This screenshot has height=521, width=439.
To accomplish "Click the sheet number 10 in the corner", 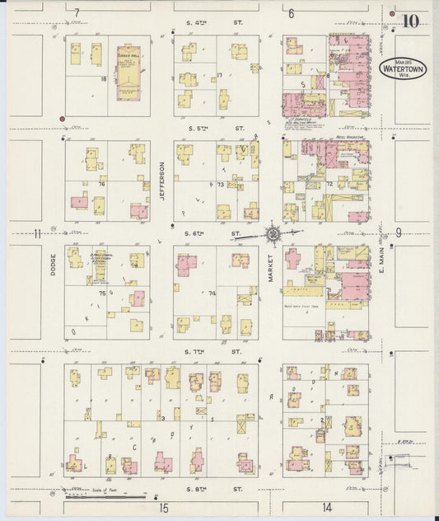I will pyautogui.click(x=409, y=21).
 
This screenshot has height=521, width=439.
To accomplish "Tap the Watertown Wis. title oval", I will pyautogui.click(x=404, y=68).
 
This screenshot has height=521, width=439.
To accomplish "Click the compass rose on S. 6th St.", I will pyautogui.click(x=273, y=234).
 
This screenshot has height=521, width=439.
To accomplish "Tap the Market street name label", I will pyautogui.click(x=269, y=268).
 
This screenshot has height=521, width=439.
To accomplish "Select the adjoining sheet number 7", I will pyautogui.click(x=77, y=13).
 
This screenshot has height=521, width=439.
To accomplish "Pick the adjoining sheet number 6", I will pyautogui.click(x=292, y=13).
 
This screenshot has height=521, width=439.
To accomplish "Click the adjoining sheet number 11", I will pyautogui.click(x=37, y=233).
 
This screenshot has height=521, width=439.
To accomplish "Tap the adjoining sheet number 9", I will pyautogui.click(x=398, y=232).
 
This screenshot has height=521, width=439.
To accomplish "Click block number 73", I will pyautogui.click(x=220, y=185).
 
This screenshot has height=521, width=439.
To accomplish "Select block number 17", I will pyautogui.click(x=219, y=76).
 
